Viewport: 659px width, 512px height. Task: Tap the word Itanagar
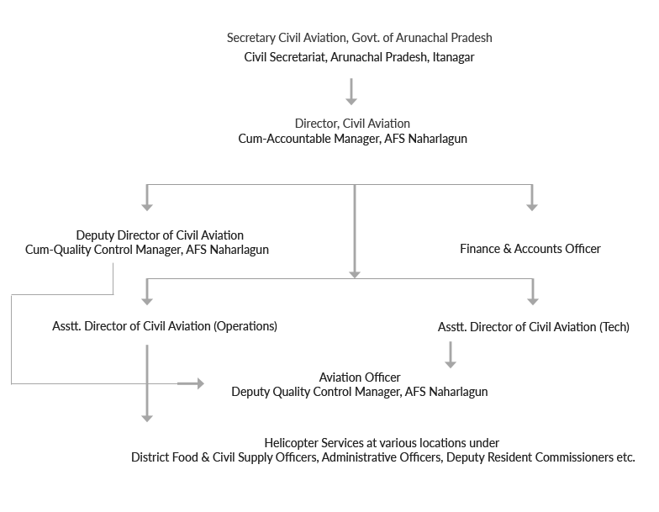pyautogui.click(x=454, y=57)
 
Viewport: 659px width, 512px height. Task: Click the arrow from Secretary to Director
pyautogui.click(x=351, y=91)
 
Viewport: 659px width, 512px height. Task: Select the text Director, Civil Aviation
pyautogui.click(x=352, y=124)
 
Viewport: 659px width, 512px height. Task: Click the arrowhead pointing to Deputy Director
pyautogui.click(x=147, y=207)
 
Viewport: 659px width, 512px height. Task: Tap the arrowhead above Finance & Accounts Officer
pyautogui.click(x=532, y=207)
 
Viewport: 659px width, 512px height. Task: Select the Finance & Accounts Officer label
pyautogui.click(x=530, y=249)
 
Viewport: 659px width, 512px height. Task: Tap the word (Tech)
pyautogui.click(x=614, y=327)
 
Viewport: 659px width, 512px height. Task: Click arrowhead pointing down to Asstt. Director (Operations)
pyautogui.click(x=147, y=301)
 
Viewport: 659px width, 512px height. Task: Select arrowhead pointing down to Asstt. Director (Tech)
pyautogui.click(x=533, y=301)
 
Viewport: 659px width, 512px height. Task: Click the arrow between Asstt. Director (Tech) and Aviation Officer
pyautogui.click(x=451, y=355)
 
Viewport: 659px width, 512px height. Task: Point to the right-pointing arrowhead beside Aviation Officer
pyautogui.click(x=200, y=383)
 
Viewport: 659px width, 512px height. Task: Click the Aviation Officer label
pyautogui.click(x=360, y=377)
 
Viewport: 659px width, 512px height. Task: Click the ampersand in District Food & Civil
pyautogui.click(x=205, y=457)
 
